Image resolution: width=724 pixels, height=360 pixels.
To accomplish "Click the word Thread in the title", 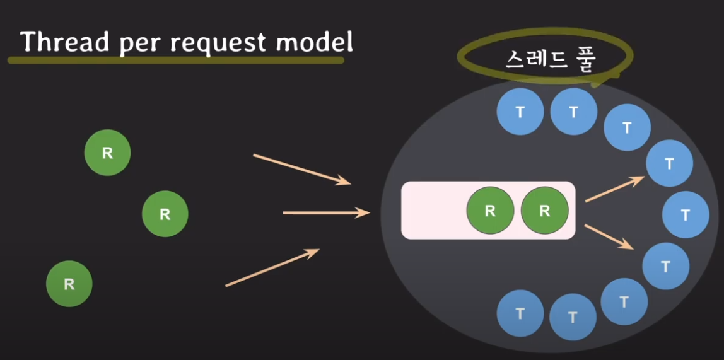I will [58, 42].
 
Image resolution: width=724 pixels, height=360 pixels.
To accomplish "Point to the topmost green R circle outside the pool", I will [107, 153].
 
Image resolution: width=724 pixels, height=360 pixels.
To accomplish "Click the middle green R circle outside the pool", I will [165, 214].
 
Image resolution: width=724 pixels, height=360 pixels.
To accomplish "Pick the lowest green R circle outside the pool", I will [69, 284].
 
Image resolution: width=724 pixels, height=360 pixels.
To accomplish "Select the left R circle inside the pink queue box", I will [490, 211].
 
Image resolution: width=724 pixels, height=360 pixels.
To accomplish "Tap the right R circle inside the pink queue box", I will [545, 211].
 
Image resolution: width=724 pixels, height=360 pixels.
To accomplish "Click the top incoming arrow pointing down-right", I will [301, 169].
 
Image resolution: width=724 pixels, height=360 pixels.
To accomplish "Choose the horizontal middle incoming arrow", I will [325, 213].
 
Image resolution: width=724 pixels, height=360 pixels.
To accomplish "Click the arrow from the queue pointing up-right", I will [614, 189].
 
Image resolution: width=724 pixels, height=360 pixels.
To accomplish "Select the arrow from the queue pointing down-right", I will [609, 236].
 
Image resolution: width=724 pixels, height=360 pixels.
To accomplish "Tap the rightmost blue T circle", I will [686, 215].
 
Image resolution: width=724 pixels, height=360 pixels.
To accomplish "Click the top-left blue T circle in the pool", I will [520, 112].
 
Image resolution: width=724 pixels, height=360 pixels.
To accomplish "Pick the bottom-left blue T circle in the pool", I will [520, 313].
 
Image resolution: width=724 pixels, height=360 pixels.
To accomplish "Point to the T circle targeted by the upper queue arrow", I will [669, 164].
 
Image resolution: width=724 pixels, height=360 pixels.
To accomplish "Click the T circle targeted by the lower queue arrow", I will [665, 266].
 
